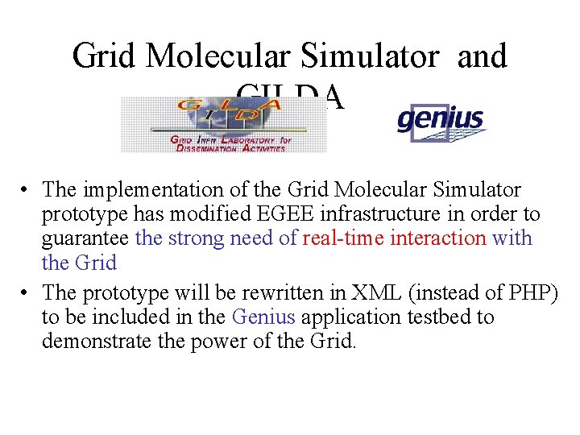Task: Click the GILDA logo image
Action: click(224, 125)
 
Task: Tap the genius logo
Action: click(441, 122)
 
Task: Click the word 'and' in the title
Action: click(482, 56)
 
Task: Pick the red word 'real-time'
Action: click(343, 238)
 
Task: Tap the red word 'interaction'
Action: click(438, 238)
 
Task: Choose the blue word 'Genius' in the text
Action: click(259, 317)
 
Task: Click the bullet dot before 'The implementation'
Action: click(27, 191)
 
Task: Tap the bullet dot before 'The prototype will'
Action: click(27, 293)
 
